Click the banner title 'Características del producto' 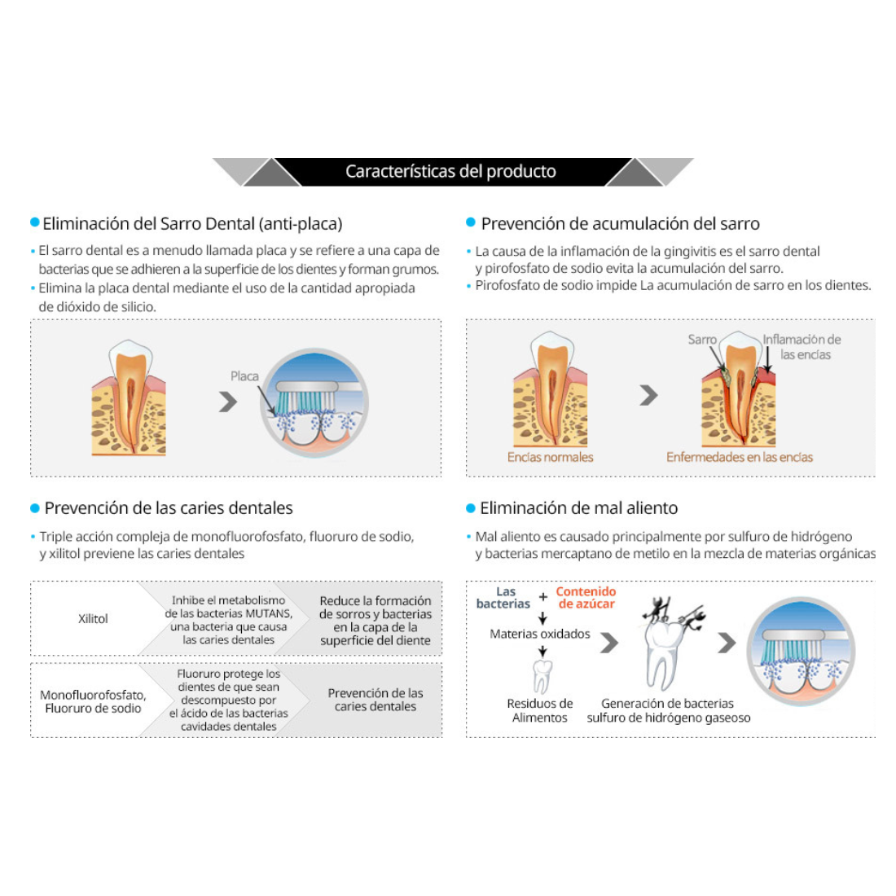point(450,172)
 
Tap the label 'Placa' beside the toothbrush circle point(244,376)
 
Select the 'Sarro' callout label point(701,340)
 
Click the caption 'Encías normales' point(550,457)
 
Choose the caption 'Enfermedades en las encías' point(739,457)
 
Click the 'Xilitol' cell point(93,619)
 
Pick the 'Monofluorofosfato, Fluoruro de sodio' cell point(93,701)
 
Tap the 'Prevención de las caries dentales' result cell point(375,700)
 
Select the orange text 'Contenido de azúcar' point(586,598)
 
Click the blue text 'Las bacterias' point(503,598)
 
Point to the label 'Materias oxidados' point(539,634)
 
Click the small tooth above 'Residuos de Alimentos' point(542,677)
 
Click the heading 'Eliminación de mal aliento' point(578,508)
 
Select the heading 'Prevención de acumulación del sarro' point(620,224)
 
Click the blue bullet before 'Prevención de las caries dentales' point(35,508)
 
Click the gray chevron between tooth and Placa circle point(228,401)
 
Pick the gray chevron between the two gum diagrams point(648,395)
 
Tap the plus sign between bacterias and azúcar point(543,597)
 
